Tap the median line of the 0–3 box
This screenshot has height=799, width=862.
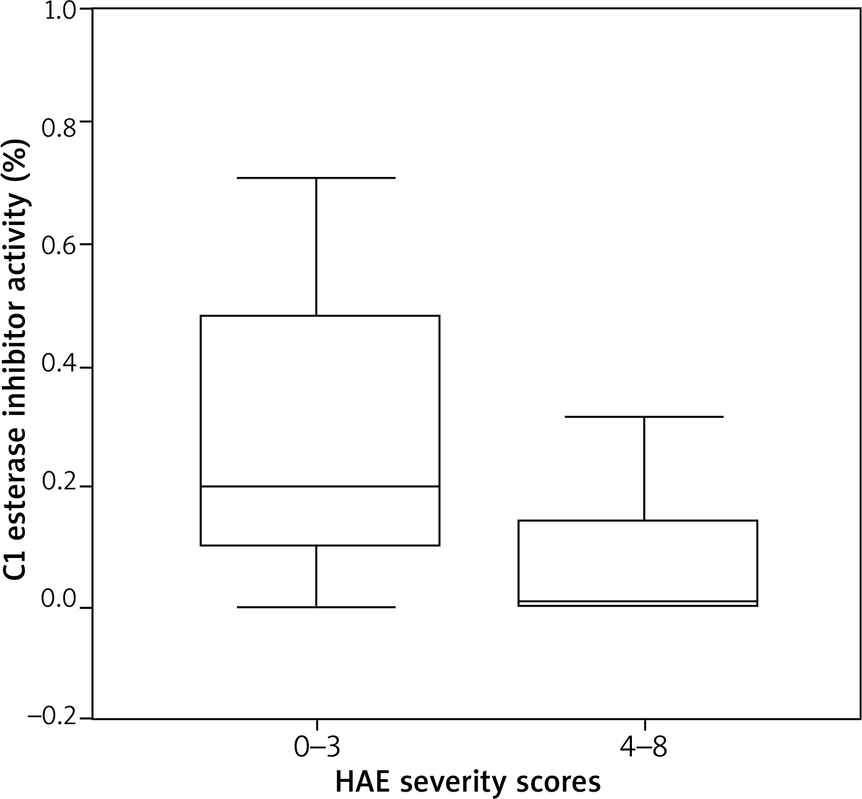click(320, 487)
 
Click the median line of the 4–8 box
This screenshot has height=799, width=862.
click(638, 601)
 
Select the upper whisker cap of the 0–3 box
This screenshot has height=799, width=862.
click(316, 178)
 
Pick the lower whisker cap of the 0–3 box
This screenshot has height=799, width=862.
click(316, 607)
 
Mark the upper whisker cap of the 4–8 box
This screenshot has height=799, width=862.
click(644, 417)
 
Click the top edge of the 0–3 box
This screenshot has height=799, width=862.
click(320, 316)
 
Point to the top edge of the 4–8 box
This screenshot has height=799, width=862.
click(638, 521)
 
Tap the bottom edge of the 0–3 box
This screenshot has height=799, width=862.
click(320, 546)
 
